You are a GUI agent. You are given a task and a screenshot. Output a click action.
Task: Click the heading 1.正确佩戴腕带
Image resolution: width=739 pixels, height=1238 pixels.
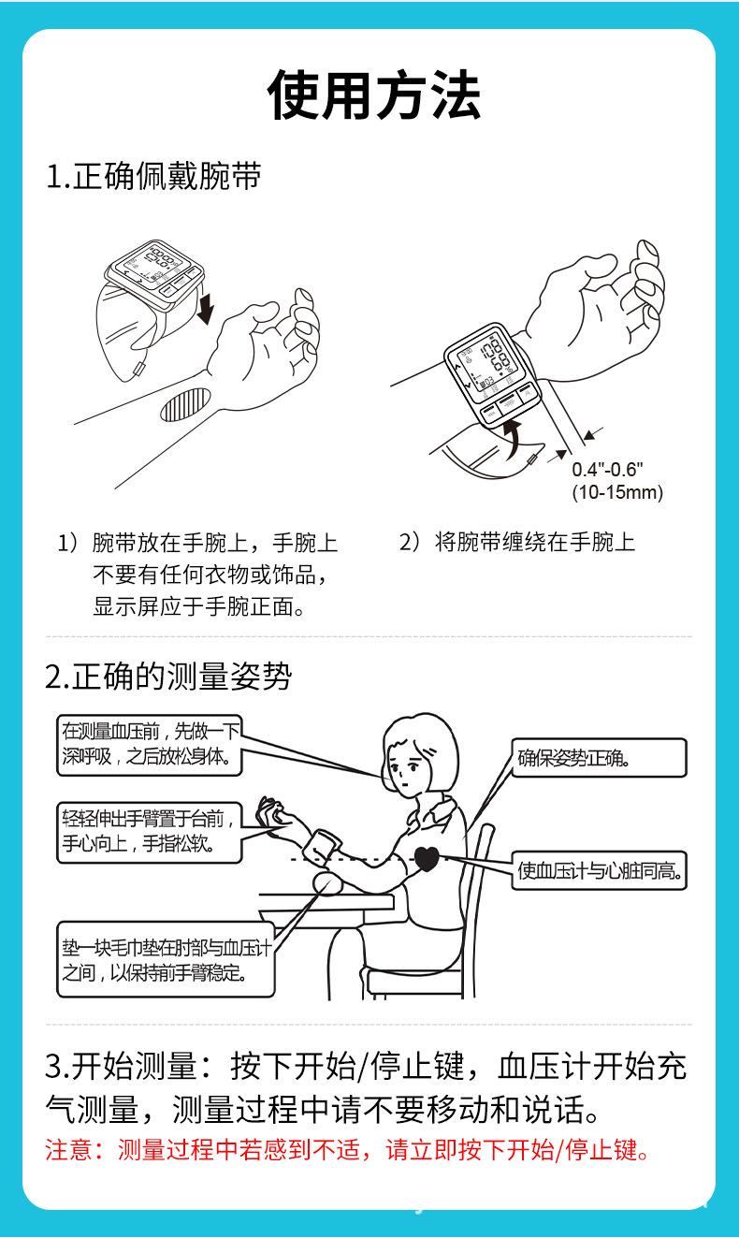coord(153,177)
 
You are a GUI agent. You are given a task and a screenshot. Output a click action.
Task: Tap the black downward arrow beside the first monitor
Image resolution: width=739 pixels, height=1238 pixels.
coord(206,306)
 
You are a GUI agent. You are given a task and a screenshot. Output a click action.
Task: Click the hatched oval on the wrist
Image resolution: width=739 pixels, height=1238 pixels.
coord(181,403)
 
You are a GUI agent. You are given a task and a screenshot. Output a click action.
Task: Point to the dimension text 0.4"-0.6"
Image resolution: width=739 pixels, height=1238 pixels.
coord(608,471)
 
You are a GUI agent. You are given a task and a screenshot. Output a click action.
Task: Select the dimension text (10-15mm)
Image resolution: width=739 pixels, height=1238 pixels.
coord(616,492)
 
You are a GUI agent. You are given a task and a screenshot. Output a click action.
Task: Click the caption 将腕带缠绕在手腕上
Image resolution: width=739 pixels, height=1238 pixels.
coord(534,543)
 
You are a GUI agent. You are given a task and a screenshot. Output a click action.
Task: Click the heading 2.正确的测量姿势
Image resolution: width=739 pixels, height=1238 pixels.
coord(168,676)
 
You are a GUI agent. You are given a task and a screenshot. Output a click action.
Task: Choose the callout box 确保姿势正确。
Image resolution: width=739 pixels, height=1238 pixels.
coord(599,757)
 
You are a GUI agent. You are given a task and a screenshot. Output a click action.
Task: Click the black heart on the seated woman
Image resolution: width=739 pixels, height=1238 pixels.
coord(427,858)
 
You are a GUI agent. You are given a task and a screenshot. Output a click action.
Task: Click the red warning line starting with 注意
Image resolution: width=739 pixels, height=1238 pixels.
coord(347,1150)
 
